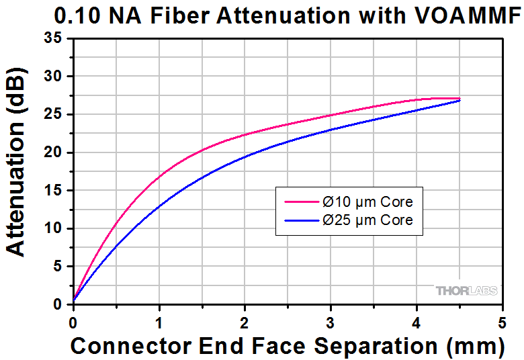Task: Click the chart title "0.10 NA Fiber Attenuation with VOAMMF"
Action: [x=262, y=15]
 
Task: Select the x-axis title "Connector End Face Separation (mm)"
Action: [x=287, y=346]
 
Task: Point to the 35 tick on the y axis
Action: [x=55, y=39]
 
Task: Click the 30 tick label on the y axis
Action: [x=55, y=77]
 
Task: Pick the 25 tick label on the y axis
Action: [x=55, y=115]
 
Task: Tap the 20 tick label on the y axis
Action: [x=55, y=152]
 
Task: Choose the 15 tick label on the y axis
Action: [x=55, y=191]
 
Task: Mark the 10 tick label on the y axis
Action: [x=55, y=228]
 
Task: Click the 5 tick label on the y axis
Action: [x=59, y=267]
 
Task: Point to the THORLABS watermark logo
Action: [x=467, y=291]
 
